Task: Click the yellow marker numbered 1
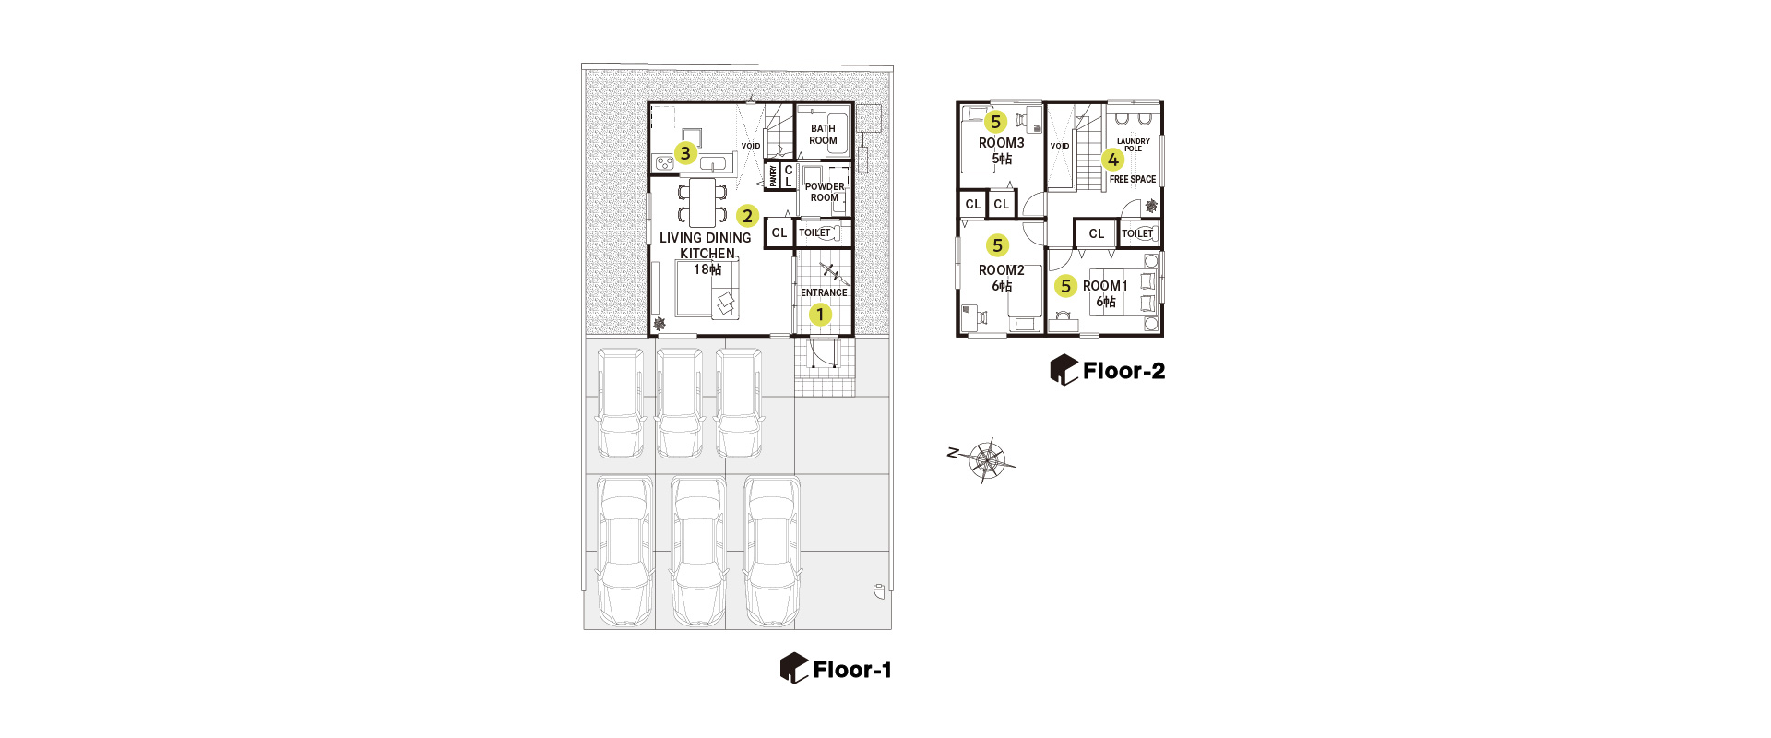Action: (820, 315)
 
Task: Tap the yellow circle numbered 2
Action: (747, 216)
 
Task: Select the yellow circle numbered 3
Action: (684, 153)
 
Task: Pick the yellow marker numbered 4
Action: (1113, 160)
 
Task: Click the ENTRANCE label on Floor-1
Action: (824, 293)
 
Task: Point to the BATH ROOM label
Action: (823, 135)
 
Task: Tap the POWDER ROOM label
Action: (825, 192)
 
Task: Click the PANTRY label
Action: (773, 175)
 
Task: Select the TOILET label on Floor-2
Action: (1137, 234)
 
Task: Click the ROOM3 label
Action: (1002, 143)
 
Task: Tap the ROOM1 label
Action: (1105, 286)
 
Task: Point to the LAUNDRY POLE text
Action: (1134, 145)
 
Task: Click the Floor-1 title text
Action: (852, 670)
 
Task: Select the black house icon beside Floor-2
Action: (1064, 370)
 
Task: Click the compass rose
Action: (987, 459)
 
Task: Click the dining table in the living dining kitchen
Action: (703, 203)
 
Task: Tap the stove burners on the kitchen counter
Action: (664, 163)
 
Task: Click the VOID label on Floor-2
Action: (1060, 146)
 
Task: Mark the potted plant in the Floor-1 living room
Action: (659, 324)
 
